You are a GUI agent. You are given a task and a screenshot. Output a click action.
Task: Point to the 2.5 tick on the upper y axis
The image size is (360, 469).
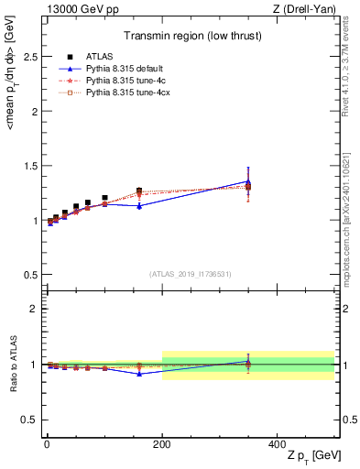click(x=27, y=57)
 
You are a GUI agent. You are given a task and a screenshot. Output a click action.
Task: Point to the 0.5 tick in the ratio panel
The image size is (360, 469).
click(x=27, y=420)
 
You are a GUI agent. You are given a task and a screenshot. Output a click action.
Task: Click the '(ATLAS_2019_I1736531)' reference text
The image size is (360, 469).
click(x=191, y=274)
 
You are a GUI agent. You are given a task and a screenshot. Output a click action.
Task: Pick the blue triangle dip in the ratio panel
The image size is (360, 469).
click(x=139, y=374)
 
